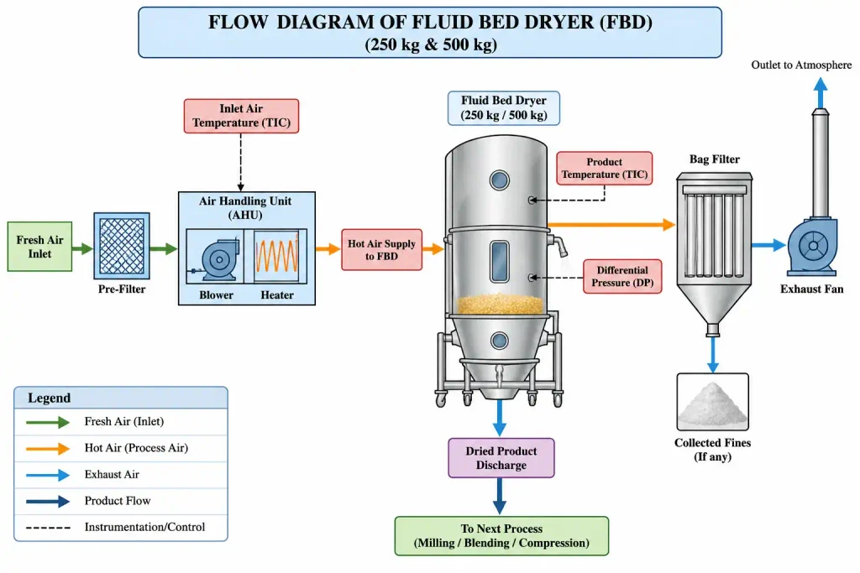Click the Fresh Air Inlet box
[39, 247]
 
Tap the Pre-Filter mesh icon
[122, 246]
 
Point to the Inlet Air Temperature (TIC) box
[241, 116]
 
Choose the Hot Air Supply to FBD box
[382, 250]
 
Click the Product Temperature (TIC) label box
[605, 168]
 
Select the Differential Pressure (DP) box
[622, 276]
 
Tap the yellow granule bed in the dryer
[500, 304]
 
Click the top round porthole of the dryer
[499, 180]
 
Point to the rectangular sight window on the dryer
[499, 261]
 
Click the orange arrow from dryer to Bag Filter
[611, 224]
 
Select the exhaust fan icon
[813, 246]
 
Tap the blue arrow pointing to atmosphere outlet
[821, 92]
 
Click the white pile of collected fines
[712, 405]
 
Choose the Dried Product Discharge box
[501, 458]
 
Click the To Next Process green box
[501, 536]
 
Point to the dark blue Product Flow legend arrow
[48, 501]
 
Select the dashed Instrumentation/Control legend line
[48, 528]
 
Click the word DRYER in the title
[553, 23]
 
